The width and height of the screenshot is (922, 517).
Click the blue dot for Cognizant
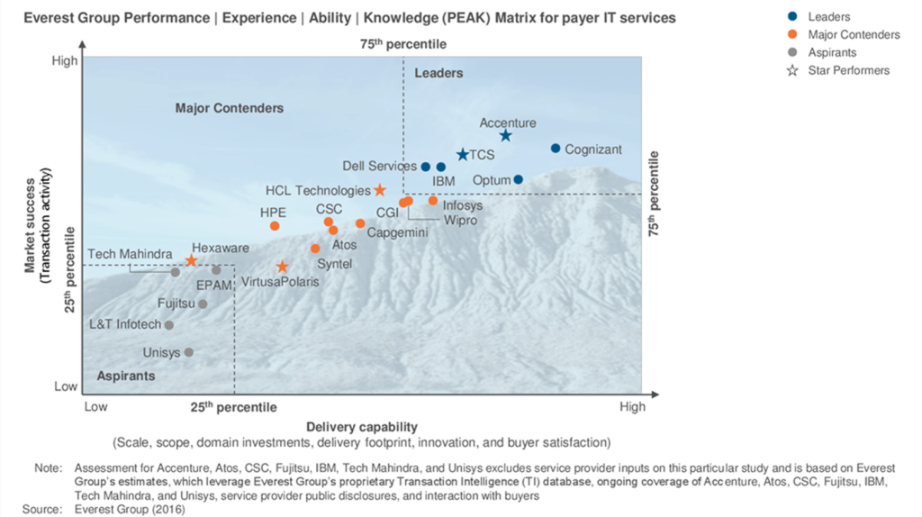click(556, 149)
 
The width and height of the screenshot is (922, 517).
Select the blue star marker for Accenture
click(506, 136)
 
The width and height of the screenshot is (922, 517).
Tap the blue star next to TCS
click(463, 155)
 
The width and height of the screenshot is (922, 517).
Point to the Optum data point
click(518, 179)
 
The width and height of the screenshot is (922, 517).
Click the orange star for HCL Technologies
click(380, 191)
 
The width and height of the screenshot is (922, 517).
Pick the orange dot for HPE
click(275, 226)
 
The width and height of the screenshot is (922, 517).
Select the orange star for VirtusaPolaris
click(283, 267)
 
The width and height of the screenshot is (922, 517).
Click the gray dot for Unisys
click(189, 352)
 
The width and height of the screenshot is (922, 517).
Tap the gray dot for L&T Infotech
click(168, 325)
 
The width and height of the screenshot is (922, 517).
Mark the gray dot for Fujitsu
click(203, 304)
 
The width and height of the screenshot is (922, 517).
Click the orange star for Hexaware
click(191, 261)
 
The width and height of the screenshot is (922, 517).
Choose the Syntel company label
click(334, 264)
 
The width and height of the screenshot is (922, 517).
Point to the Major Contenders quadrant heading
click(230, 108)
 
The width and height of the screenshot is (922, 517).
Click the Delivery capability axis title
click(361, 426)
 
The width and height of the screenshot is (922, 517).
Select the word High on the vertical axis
click(65, 61)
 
